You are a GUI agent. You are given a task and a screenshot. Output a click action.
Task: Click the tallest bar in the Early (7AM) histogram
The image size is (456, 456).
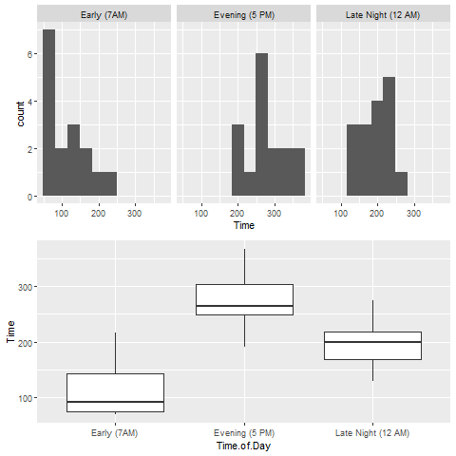click(48, 113)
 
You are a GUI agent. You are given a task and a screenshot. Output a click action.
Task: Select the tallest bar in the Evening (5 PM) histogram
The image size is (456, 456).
click(262, 124)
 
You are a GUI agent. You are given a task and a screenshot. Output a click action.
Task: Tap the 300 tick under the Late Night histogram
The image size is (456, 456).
click(413, 212)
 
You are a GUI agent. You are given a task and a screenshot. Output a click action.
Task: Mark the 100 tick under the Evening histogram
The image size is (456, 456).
click(202, 212)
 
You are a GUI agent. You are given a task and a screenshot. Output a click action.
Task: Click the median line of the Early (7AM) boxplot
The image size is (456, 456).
click(115, 402)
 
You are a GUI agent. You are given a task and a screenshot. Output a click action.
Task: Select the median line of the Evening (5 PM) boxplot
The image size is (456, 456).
click(244, 306)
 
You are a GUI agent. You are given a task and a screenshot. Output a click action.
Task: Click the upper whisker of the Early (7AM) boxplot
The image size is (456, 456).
click(115, 352)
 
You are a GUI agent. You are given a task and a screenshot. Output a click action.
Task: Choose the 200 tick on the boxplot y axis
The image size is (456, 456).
click(24, 342)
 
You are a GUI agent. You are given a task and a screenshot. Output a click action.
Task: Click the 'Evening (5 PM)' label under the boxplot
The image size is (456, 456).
click(244, 432)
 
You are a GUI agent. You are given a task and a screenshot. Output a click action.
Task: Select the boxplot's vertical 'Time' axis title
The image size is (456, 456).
click(11, 332)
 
